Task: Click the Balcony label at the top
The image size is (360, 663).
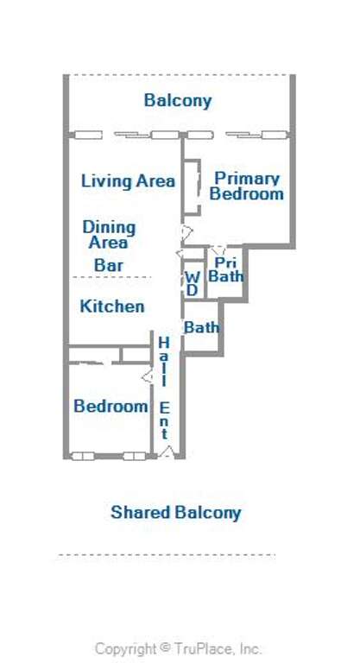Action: click(x=178, y=101)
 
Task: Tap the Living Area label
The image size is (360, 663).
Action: click(x=128, y=181)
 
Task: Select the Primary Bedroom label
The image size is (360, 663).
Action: click(x=246, y=186)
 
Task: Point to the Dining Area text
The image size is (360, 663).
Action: click(x=109, y=235)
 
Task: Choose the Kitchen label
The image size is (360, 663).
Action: click(x=112, y=306)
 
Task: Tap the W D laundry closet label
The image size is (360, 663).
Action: click(x=193, y=284)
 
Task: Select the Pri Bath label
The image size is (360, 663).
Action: click(x=226, y=269)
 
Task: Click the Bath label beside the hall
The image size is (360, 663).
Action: click(x=201, y=327)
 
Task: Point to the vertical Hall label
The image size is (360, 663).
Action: click(x=164, y=362)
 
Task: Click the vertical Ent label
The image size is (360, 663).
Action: click(x=164, y=420)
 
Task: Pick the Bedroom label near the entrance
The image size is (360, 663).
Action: click(x=111, y=407)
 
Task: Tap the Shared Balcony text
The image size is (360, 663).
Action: click(x=175, y=513)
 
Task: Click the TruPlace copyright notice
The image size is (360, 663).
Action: click(x=178, y=648)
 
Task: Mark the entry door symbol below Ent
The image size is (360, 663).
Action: click(x=167, y=451)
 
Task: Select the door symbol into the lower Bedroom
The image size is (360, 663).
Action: click(x=148, y=376)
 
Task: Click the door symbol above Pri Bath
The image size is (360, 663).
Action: click(x=218, y=249)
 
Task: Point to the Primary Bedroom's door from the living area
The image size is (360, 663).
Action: click(x=186, y=231)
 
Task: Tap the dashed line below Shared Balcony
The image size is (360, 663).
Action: click(x=167, y=555)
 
